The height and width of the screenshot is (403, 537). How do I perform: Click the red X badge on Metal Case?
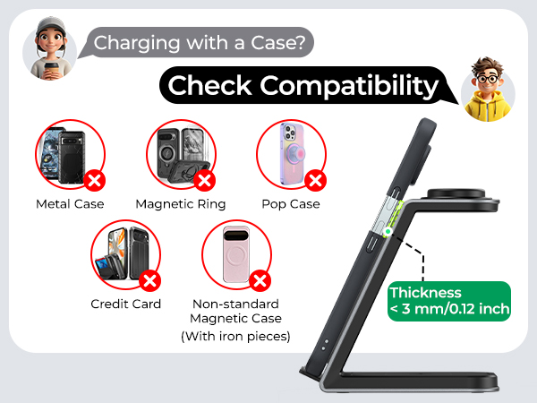(95, 180)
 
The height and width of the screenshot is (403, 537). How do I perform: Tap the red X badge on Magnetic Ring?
(204, 180)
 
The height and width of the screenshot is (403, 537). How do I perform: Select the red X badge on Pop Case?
(315, 180)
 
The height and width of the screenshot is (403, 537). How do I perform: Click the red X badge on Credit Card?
(150, 281)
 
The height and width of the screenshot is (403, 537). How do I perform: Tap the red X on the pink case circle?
(260, 281)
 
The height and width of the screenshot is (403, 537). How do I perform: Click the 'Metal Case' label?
(70, 204)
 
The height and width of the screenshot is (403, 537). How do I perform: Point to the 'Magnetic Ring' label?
(181, 204)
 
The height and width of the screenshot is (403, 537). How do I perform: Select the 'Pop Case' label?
(291, 204)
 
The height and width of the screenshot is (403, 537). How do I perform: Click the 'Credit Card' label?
(125, 304)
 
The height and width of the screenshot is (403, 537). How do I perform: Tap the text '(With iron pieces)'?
(235, 336)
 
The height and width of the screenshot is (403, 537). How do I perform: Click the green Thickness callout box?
(449, 301)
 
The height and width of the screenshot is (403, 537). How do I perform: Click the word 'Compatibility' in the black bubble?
(349, 86)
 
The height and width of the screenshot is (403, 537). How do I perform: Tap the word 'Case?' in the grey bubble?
(277, 43)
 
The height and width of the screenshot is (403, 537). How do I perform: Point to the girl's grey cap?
(51, 25)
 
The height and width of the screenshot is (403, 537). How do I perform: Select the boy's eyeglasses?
(487, 79)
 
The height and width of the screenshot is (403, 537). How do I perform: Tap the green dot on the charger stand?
(388, 232)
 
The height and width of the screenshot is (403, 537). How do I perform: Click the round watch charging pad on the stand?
(456, 193)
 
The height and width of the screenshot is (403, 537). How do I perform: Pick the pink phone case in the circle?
(236, 254)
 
